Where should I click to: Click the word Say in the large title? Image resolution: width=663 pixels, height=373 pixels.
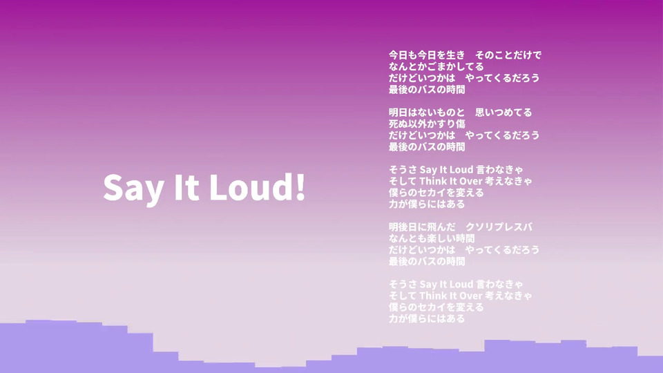[133, 188]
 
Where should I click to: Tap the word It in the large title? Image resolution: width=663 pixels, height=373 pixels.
[186, 187]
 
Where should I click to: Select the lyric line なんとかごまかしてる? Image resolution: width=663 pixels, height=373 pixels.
[436, 66]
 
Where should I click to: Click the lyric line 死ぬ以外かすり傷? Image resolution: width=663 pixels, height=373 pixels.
[427, 124]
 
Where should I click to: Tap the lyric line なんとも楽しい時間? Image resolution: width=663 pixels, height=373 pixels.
[431, 238]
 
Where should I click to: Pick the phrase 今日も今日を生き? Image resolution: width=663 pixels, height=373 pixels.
[427, 55]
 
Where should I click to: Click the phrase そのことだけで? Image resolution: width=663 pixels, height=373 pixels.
[508, 55]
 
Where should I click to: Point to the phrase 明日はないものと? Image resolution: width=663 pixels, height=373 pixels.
[427, 113]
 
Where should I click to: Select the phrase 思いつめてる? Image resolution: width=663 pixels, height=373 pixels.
[503, 113]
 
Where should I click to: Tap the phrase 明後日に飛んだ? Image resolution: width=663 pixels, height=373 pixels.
[422, 227]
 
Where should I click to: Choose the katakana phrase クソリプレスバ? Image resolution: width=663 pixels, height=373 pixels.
[499, 227]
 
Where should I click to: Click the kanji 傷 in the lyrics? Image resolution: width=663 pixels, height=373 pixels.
[461, 124]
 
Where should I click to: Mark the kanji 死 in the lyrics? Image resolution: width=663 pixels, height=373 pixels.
[393, 124]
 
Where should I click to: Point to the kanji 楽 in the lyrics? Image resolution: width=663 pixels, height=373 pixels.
[431, 238]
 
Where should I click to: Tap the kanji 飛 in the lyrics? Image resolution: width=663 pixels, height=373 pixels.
[431, 227]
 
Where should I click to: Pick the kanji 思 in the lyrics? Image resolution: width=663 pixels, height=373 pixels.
[479, 113]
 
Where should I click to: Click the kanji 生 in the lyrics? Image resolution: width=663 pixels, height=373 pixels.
[451, 55]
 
